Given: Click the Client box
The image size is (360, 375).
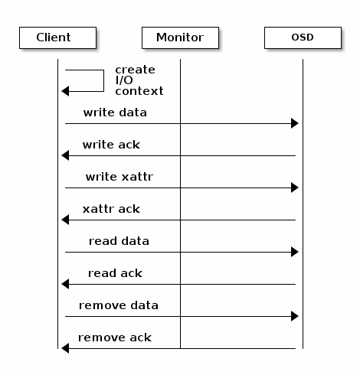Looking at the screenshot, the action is point(57,37).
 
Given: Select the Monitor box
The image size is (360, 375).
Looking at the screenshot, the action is point(180,37).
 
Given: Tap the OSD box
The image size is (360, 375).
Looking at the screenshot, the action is point(303,37).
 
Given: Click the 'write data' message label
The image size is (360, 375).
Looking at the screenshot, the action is point(115,112).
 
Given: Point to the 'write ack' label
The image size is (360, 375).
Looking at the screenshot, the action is point(111,145).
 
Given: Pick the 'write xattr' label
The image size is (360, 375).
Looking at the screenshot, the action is point(119,177).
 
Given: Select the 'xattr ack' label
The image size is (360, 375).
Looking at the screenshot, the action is point(111,209).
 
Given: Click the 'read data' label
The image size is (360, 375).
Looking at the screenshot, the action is point(119,241).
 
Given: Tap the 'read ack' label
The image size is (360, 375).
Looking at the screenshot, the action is point(115,273).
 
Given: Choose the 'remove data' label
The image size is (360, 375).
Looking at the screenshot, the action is point(119,305).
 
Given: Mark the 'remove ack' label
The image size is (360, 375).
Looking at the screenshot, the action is point(115,337).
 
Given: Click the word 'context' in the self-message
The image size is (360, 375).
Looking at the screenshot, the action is point(139,91).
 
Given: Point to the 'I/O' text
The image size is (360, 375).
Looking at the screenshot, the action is point(124,80).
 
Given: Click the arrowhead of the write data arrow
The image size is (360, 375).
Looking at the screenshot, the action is point(295,123).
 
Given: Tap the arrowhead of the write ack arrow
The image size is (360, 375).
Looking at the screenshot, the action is point(65,155).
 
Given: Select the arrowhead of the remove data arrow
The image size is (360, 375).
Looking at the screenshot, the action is point(295,316).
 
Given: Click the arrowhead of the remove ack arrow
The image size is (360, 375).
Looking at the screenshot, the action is point(65,348).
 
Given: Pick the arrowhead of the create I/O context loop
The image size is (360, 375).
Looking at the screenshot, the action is point(65,91).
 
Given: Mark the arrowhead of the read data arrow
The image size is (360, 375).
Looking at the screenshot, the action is point(295,252).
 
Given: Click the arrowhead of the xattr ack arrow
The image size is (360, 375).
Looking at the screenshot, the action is point(65,220).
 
